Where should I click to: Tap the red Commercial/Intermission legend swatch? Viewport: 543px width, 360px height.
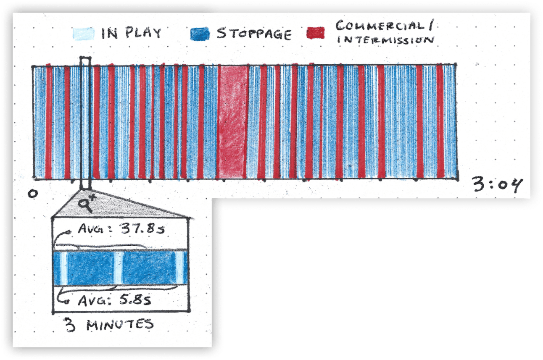[315, 34]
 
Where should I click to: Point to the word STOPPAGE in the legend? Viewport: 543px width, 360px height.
[253, 34]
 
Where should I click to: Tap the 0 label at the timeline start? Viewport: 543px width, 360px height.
[32, 194]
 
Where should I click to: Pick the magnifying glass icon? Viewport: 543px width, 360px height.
[87, 204]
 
